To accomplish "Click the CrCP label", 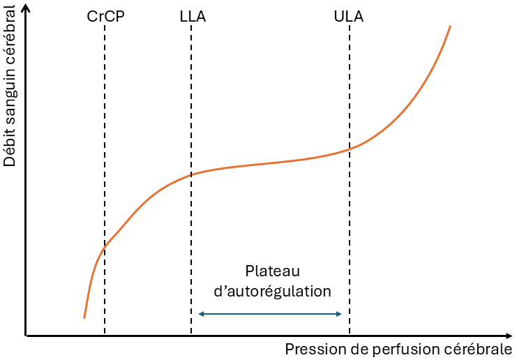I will pos(105,16).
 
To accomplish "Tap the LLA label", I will pos(192,16).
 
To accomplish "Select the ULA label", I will pos(349,16).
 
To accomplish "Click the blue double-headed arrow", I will pos(270,314).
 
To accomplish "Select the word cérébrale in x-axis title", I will pos(482,349).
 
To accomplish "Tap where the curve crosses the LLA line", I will pos(191,174).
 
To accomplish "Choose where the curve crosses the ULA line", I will pos(349,148).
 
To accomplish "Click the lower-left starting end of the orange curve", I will pos(84,317).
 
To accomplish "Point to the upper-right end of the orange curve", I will pos(450,27).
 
